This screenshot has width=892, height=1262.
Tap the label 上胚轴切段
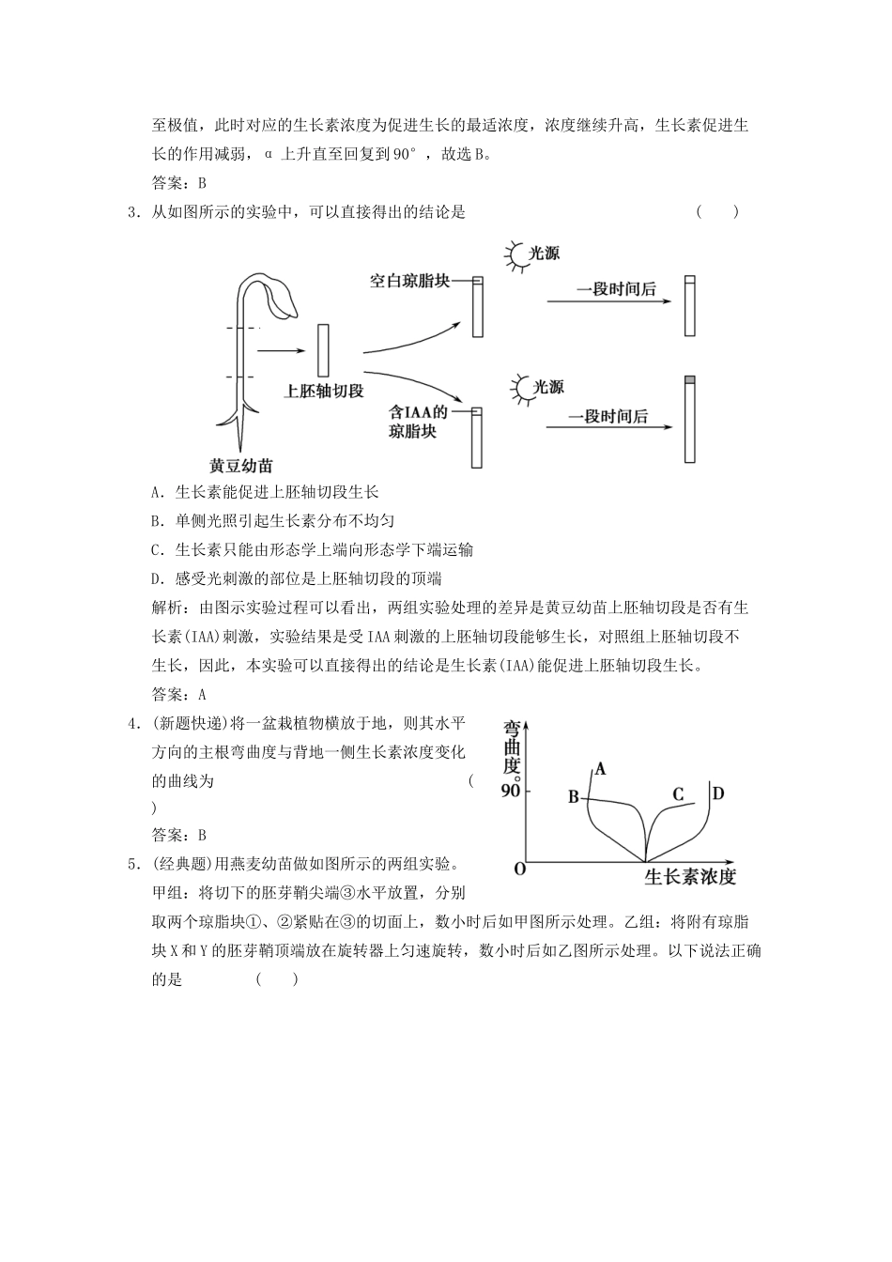(x=324, y=391)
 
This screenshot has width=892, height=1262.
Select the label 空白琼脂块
(x=409, y=281)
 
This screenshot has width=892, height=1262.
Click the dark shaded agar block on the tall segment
(x=690, y=379)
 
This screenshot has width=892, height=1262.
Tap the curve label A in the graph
(x=601, y=769)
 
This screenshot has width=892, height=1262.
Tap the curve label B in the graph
(x=573, y=797)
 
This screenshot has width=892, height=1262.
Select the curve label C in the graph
(x=678, y=794)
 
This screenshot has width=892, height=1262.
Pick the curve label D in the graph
(x=717, y=793)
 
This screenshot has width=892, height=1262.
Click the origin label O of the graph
(x=519, y=869)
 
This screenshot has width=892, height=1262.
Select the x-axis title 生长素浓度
(x=690, y=876)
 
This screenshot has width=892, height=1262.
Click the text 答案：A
(x=178, y=695)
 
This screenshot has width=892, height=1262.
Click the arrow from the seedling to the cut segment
(x=281, y=351)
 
